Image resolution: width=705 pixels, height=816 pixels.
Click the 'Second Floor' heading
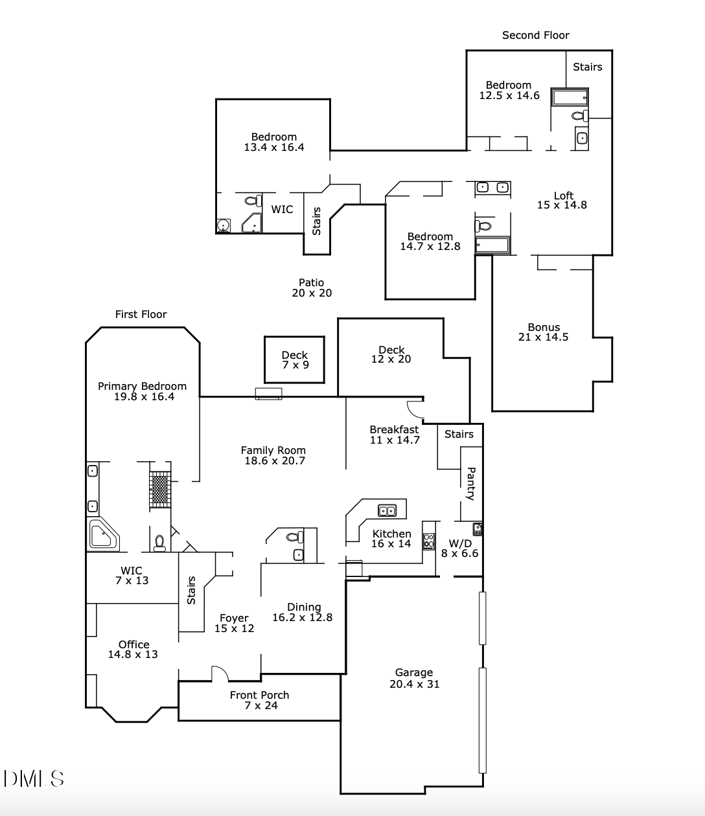pyautogui.click(x=535, y=35)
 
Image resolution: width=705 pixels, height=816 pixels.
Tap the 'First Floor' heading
pyautogui.click(x=141, y=314)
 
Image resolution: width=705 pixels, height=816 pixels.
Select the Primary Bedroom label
pyautogui.click(x=142, y=391)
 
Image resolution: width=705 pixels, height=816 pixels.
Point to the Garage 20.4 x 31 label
pyautogui.click(x=414, y=678)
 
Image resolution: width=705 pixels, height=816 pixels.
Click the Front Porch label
pyautogui.click(x=259, y=700)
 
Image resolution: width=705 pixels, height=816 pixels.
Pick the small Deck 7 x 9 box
pyautogui.click(x=295, y=359)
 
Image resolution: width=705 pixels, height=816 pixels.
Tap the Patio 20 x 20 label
pyautogui.click(x=311, y=288)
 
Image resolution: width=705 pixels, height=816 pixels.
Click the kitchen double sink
pyautogui.click(x=387, y=511)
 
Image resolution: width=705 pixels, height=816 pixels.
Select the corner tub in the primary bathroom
pyautogui.click(x=102, y=535)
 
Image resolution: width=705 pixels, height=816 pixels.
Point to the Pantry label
pyautogui.click(x=471, y=484)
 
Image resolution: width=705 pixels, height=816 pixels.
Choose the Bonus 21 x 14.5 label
pyautogui.click(x=543, y=332)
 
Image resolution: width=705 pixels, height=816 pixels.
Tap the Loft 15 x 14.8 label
pyautogui.click(x=562, y=200)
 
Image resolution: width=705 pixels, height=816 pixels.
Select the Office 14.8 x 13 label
pyautogui.click(x=133, y=649)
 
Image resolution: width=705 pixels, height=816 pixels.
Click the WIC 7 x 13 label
pyautogui.click(x=132, y=576)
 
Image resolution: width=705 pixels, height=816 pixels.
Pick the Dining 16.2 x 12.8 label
pyautogui.click(x=303, y=612)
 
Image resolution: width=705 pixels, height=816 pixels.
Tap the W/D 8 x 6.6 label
pyautogui.click(x=460, y=549)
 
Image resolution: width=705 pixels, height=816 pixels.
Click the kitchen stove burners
pyautogui.click(x=428, y=541)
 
